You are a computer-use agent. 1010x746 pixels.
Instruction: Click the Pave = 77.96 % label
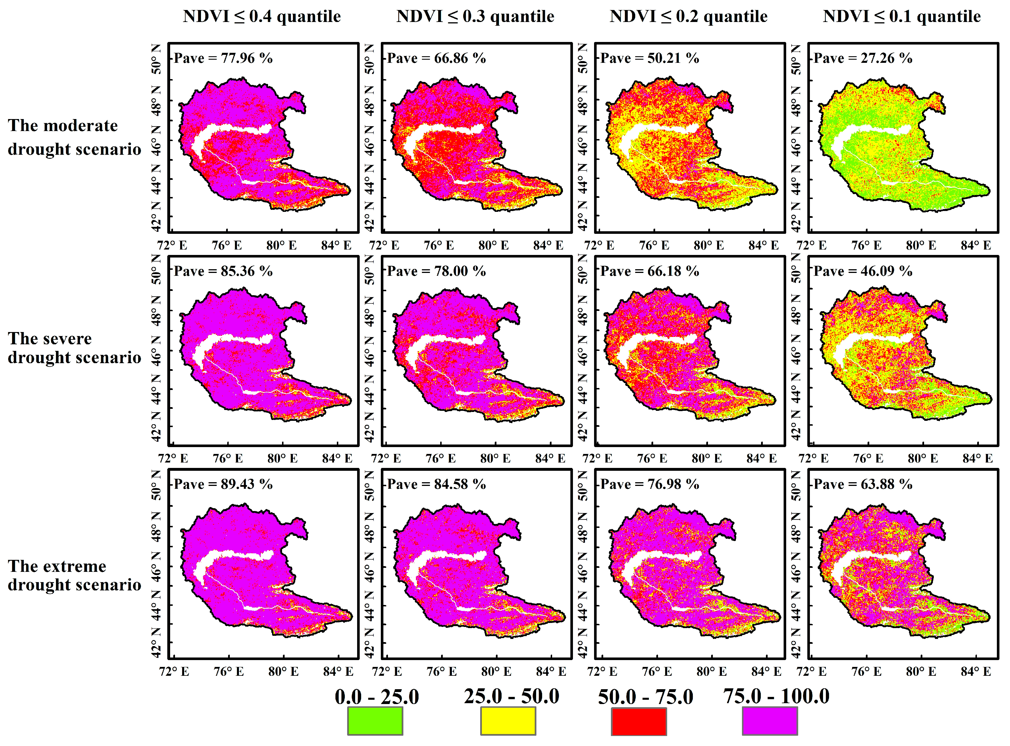point(223,58)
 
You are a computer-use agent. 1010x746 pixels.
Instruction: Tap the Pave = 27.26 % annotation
point(863,58)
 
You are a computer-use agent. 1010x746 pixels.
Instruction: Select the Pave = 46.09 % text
point(863,272)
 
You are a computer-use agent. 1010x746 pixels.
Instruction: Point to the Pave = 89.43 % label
point(223,484)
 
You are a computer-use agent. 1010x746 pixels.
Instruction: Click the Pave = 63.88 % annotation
point(863,484)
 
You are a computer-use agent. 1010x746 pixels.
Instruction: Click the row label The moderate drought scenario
point(75,137)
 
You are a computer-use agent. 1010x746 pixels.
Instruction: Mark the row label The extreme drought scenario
point(75,575)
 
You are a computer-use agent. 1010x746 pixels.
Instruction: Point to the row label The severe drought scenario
point(75,348)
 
